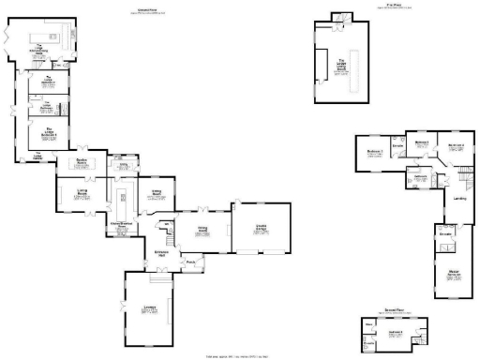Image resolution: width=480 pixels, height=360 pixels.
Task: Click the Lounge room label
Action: point(149,310)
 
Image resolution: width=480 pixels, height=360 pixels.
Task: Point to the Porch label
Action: point(189,262)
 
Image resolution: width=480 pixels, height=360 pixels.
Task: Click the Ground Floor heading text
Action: point(143,11)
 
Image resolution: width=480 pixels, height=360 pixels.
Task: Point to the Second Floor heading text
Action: point(393,311)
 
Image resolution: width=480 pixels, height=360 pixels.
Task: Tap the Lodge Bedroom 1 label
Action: point(42,82)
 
